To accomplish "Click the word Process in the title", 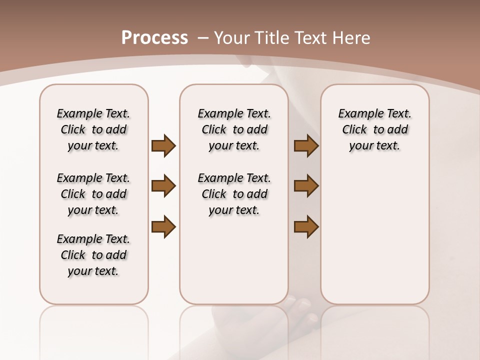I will (x=154, y=37).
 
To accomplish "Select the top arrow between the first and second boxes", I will (x=163, y=146).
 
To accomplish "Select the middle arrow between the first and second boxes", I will (x=163, y=186).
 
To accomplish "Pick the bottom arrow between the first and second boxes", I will (x=163, y=226).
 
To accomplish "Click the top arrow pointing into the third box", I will (x=306, y=146).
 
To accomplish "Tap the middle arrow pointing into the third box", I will (x=306, y=186).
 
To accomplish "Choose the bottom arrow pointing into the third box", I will (x=306, y=226).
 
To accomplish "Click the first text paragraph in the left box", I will (x=93, y=129).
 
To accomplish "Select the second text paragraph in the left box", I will (x=93, y=194).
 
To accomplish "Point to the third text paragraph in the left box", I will (x=93, y=255).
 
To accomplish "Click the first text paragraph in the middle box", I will (x=234, y=129).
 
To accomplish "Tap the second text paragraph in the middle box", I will (x=234, y=194).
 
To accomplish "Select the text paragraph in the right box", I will (x=375, y=129).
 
